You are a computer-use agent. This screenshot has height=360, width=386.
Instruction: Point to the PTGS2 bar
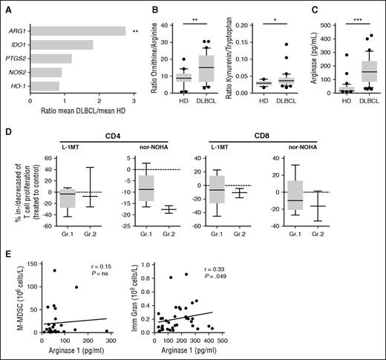click(x=52, y=59)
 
